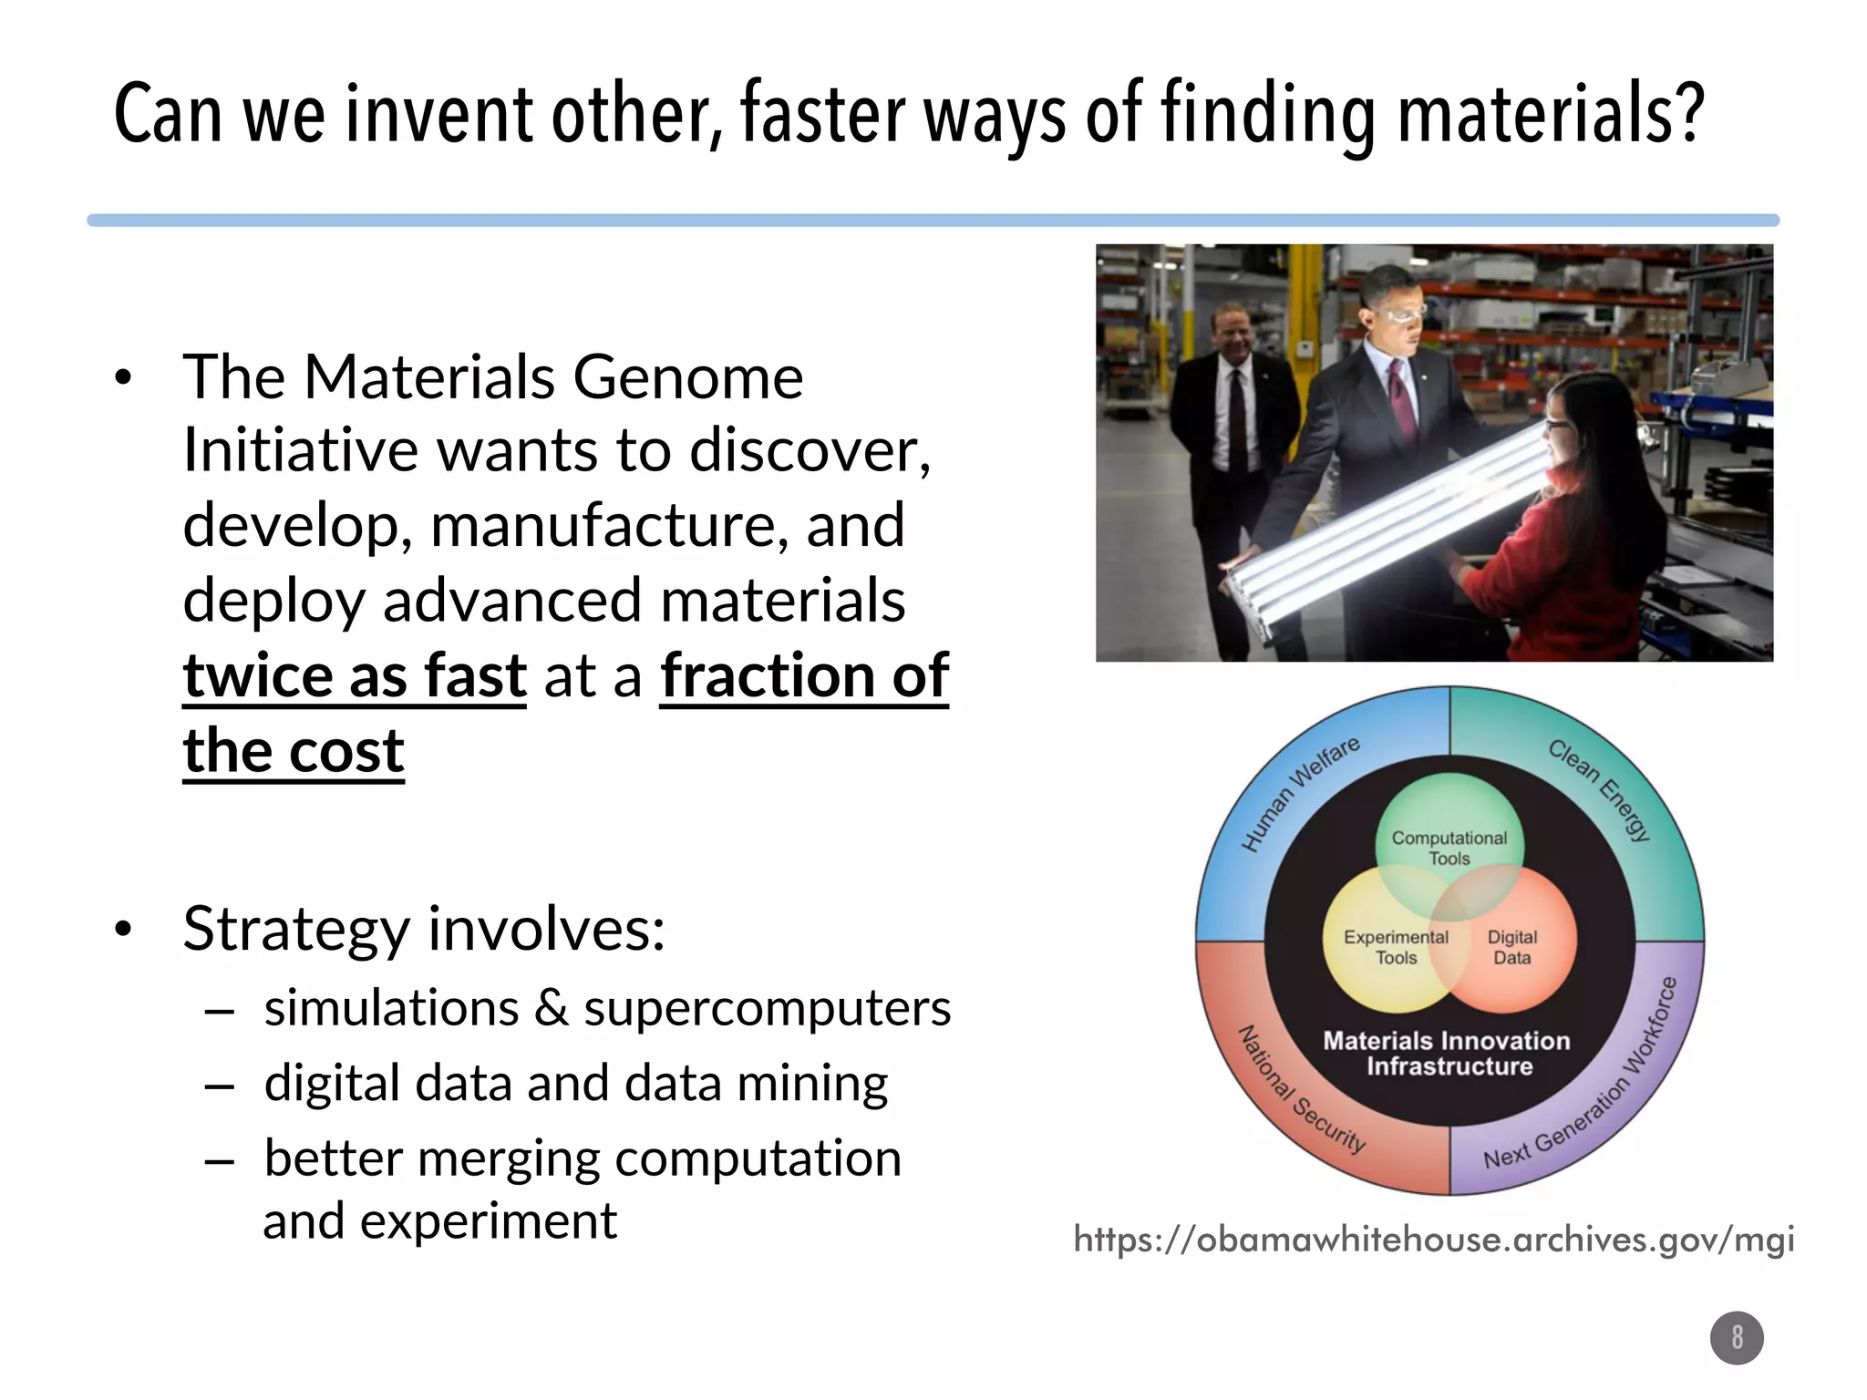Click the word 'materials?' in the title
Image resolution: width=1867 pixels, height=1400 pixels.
pyautogui.click(x=1550, y=114)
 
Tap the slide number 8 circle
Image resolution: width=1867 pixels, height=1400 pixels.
pyautogui.click(x=1737, y=1337)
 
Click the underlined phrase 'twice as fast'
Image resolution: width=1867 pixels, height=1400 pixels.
pyautogui.click(x=355, y=676)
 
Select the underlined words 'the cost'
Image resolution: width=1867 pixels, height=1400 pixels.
pyautogui.click(x=294, y=751)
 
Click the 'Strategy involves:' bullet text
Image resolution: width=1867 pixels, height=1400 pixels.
pyautogui.click(x=424, y=929)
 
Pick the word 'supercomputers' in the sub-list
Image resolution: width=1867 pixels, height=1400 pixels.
pyautogui.click(x=767, y=1008)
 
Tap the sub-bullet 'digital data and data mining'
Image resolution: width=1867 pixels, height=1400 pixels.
pyautogui.click(x=575, y=1083)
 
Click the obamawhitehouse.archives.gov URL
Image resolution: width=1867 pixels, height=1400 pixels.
pyautogui.click(x=1434, y=1239)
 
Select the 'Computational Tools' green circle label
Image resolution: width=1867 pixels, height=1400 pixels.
pyautogui.click(x=1449, y=848)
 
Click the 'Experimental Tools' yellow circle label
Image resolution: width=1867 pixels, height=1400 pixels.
pyautogui.click(x=1396, y=947)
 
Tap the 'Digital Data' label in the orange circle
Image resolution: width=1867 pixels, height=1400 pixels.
pyautogui.click(x=1511, y=947)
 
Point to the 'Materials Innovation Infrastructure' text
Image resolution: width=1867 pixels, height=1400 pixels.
pyautogui.click(x=1448, y=1053)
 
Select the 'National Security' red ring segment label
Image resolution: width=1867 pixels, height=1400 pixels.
pyautogui.click(x=1301, y=1089)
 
